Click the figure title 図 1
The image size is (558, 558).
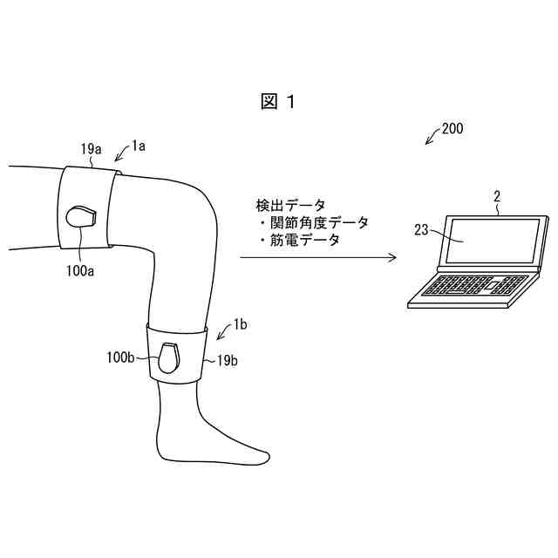[x=278, y=102]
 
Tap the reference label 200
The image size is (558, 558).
[x=453, y=128]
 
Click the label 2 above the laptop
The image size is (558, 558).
[x=497, y=197]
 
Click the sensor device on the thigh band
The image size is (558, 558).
[x=82, y=215]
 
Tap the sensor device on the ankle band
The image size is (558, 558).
[x=169, y=357]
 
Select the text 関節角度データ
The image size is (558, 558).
[x=315, y=222]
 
